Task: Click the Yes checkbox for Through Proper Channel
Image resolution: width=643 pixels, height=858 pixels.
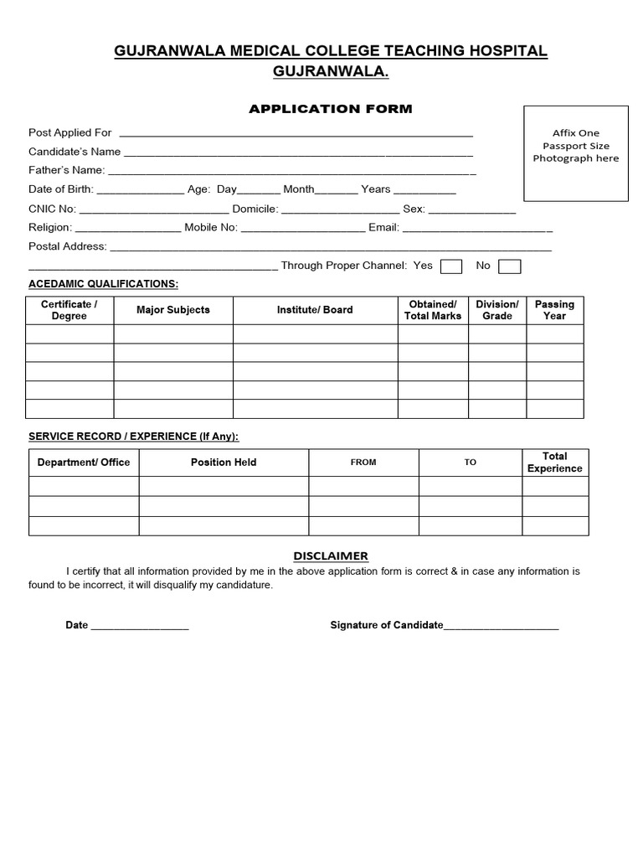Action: pyautogui.click(x=451, y=266)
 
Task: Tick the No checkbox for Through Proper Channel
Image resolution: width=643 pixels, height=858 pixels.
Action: pyautogui.click(x=509, y=266)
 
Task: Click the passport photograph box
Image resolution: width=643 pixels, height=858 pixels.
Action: pyautogui.click(x=575, y=153)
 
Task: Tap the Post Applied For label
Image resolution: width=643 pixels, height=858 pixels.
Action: pyautogui.click(x=70, y=132)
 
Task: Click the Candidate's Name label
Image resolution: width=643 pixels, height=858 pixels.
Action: pyautogui.click(x=75, y=152)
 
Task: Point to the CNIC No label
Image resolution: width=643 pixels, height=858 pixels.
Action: pyautogui.click(x=52, y=209)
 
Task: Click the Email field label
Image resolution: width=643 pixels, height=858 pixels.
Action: pyautogui.click(x=383, y=227)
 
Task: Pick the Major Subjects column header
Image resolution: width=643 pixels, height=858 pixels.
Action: pyautogui.click(x=173, y=310)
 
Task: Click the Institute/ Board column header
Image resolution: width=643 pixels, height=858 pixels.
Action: pyautogui.click(x=315, y=310)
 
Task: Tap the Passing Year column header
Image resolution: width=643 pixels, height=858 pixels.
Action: pyautogui.click(x=554, y=310)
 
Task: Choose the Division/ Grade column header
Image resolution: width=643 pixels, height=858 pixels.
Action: pyautogui.click(x=497, y=310)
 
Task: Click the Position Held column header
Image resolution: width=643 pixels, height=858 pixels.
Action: pyautogui.click(x=224, y=463)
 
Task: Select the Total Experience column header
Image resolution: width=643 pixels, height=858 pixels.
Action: pyautogui.click(x=554, y=463)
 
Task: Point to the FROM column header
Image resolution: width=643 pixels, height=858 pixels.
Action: pyautogui.click(x=363, y=463)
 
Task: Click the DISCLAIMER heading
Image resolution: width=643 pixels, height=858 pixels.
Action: pyautogui.click(x=330, y=556)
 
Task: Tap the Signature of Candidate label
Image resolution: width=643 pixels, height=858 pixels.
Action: pyautogui.click(x=386, y=625)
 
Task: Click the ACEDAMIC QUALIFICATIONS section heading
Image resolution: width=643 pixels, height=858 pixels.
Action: pyautogui.click(x=103, y=284)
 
